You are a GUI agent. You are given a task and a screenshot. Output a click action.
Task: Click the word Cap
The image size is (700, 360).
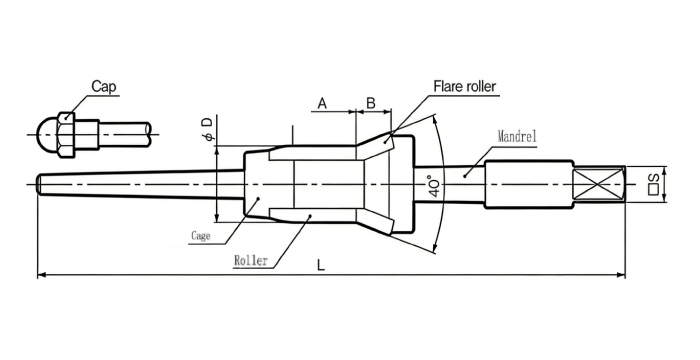point(104,86)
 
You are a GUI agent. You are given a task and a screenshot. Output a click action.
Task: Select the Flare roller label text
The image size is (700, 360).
point(464,86)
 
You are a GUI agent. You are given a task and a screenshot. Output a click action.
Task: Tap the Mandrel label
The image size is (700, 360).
point(517,137)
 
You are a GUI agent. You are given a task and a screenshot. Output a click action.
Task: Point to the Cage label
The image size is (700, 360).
point(200,235)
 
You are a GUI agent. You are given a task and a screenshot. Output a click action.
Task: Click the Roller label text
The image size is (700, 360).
point(251,260)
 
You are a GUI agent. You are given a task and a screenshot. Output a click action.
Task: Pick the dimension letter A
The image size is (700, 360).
point(322,104)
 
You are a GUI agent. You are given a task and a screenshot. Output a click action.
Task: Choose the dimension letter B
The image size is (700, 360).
point(371,103)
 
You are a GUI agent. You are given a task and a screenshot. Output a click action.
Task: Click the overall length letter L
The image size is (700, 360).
point(321,265)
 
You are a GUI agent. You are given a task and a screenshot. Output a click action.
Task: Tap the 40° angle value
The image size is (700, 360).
point(435,186)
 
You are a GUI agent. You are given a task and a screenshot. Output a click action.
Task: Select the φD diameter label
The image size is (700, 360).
point(207,129)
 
